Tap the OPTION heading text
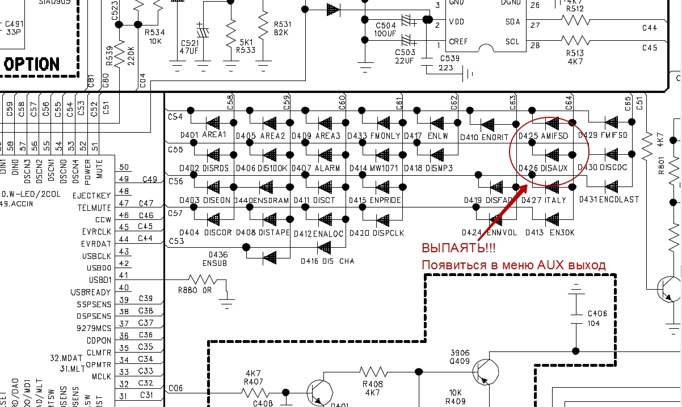[x=31, y=64]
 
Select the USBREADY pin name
[x=91, y=292]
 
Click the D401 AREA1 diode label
[x=203, y=135]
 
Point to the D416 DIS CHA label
[x=328, y=261]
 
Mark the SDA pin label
[x=512, y=22]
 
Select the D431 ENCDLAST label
[x=609, y=200]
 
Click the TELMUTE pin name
[x=94, y=208]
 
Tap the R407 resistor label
[x=253, y=381]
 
